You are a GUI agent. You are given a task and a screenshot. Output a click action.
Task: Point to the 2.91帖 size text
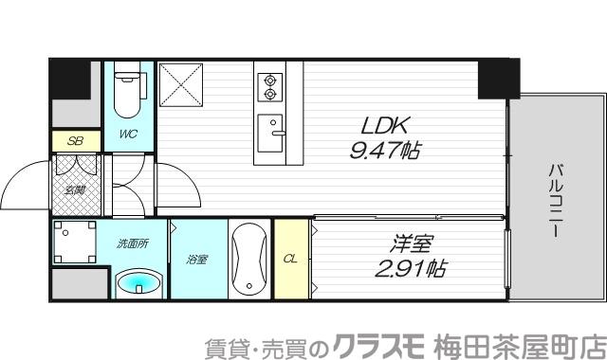pos(412,268)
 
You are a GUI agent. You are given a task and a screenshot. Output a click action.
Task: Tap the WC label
pos(128,134)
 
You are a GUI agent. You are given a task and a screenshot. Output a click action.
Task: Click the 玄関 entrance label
pos(74,189)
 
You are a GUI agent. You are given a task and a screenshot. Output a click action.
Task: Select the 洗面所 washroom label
pos(132,243)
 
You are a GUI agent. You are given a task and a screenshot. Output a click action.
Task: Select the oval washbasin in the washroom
pos(138,282)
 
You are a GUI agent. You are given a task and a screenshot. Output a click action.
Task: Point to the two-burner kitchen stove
pos(270,87)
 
